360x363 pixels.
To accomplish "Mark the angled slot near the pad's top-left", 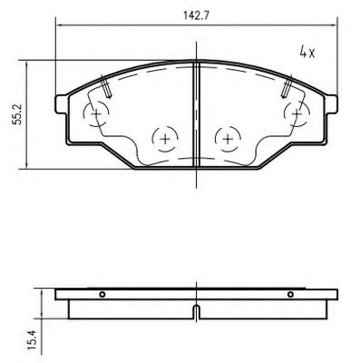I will (106, 87).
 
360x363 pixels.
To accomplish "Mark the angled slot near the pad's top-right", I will (287, 87).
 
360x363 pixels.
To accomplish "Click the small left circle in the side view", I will (102, 294).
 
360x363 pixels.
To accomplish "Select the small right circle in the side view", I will (290, 294).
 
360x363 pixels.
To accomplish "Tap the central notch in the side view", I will (197, 314).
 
